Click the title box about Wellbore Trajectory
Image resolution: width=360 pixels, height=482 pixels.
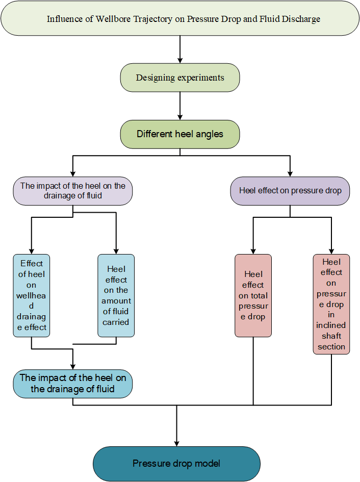180,19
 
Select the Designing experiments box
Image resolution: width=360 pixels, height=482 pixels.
180,78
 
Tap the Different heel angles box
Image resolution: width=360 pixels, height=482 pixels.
180,135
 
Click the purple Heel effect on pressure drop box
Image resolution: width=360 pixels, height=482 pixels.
290,191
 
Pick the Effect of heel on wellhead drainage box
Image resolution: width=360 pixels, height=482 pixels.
32,295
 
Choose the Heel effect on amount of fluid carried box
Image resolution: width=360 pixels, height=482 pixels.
116,295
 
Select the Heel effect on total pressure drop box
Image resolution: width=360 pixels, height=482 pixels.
253,295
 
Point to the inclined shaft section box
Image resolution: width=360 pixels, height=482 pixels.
331,304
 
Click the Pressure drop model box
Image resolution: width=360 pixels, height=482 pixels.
176,464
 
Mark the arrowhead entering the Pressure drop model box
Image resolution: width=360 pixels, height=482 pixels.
176,443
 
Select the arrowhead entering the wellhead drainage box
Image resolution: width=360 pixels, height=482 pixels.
32,250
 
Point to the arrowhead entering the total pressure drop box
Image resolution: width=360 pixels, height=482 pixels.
253,250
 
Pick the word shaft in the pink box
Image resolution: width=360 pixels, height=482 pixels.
331,336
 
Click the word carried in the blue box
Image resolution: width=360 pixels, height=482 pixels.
116,322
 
